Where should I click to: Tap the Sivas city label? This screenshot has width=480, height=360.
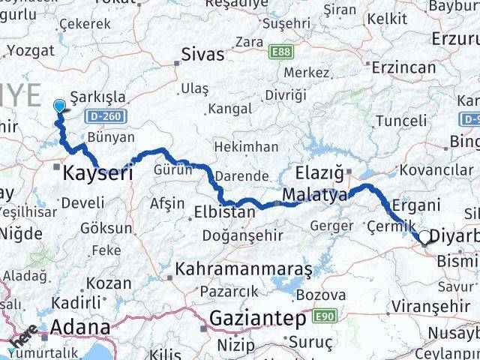(202, 54)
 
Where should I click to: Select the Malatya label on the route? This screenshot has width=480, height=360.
(315, 196)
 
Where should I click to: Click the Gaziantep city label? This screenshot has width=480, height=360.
(257, 319)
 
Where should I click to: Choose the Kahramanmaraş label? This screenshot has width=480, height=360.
(233, 268)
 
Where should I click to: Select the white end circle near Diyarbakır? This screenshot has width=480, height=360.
(424, 238)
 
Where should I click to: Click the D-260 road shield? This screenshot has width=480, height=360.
(109, 117)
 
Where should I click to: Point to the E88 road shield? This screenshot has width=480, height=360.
(282, 52)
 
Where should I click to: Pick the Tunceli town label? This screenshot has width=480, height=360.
(400, 121)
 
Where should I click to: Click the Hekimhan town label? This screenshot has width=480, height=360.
(246, 146)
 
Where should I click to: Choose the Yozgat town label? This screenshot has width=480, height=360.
(30, 51)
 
